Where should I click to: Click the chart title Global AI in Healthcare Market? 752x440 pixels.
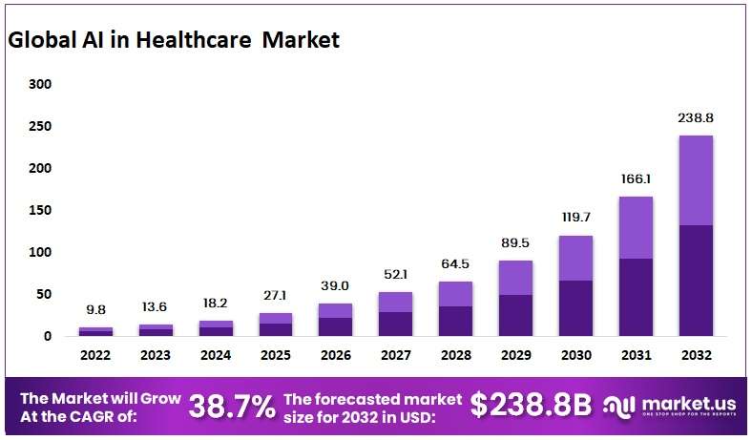pyautogui.click(x=173, y=40)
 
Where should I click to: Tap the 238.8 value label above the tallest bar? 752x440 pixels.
pyautogui.click(x=696, y=118)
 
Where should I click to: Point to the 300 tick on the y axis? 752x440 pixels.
pyautogui.click(x=39, y=84)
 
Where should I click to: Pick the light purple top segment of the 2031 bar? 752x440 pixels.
pyautogui.click(x=636, y=227)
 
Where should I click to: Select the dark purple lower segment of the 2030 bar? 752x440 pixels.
pyautogui.click(x=575, y=307)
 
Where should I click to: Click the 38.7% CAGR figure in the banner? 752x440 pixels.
pyautogui.click(x=232, y=407)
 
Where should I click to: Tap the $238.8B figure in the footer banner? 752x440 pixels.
pyautogui.click(x=531, y=406)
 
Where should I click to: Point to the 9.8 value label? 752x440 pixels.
pyautogui.click(x=95, y=310)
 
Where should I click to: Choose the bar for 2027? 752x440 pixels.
pyautogui.click(x=395, y=314)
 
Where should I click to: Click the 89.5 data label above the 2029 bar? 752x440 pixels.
pyautogui.click(x=515, y=243)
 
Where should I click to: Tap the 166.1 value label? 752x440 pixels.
pyautogui.click(x=636, y=178)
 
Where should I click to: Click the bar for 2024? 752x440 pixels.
pyautogui.click(x=216, y=328)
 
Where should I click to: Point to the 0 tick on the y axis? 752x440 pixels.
pyautogui.click(x=46, y=336)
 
